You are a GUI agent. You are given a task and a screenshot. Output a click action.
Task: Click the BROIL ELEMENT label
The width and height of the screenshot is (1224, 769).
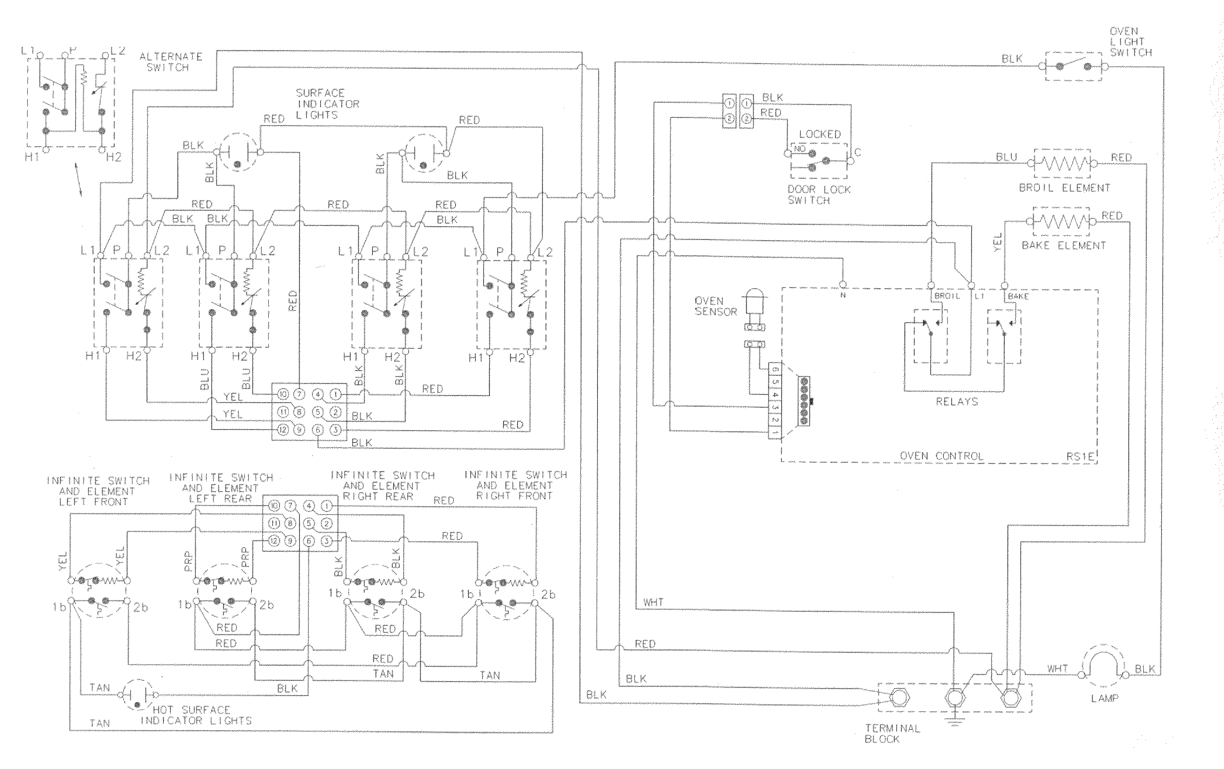pyautogui.click(x=1064, y=188)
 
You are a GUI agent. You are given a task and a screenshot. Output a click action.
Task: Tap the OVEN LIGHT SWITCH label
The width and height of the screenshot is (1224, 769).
pyautogui.click(x=1130, y=42)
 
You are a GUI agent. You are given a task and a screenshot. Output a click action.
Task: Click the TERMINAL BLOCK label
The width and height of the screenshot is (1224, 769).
pyautogui.click(x=892, y=733)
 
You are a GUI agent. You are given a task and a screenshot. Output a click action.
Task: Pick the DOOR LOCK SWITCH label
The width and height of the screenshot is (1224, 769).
pyautogui.click(x=818, y=195)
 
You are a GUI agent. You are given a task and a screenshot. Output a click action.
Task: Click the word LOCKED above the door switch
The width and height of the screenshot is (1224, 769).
pyautogui.click(x=820, y=134)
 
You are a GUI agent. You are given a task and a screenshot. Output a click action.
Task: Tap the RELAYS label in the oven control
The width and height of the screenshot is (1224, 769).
pyautogui.click(x=957, y=402)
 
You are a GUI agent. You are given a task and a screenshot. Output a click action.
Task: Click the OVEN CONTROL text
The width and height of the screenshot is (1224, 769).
pyautogui.click(x=941, y=456)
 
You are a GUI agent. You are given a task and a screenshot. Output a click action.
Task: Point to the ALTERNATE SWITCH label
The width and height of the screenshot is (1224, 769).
pyautogui.click(x=171, y=62)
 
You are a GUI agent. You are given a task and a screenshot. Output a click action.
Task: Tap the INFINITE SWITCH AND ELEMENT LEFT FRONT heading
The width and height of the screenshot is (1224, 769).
pyautogui.click(x=98, y=491)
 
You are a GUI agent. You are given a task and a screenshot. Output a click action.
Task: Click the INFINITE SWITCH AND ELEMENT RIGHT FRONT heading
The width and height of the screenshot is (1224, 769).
pyautogui.click(x=515, y=485)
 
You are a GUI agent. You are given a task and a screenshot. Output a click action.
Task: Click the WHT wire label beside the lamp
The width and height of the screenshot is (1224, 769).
pyautogui.click(x=1057, y=668)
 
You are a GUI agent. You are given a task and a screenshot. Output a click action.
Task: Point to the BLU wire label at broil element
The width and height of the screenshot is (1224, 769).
pyautogui.click(x=1006, y=157)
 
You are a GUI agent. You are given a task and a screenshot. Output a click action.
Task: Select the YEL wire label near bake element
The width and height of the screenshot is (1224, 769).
pyautogui.click(x=997, y=242)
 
